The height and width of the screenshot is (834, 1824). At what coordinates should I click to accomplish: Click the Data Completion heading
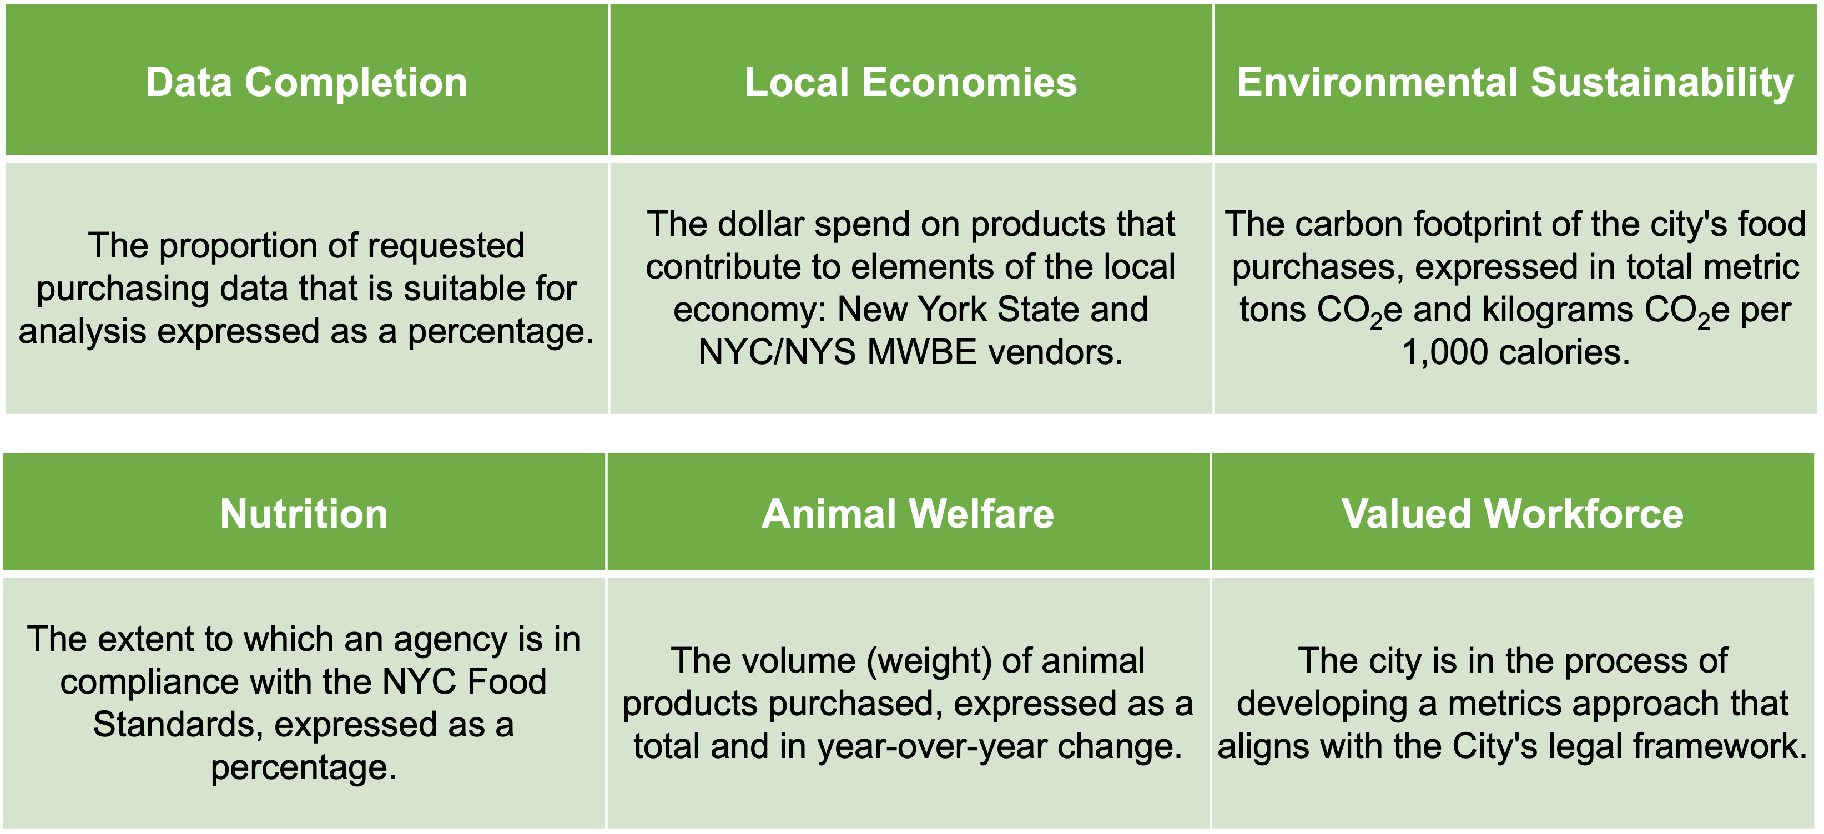(306, 82)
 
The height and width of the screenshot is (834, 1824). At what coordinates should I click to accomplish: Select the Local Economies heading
(910, 82)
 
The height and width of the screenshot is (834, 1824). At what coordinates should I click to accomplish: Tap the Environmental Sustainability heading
(1515, 82)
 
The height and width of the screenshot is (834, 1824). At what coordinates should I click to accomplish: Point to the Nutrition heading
(304, 513)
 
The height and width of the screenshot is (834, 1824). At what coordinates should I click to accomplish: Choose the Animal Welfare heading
(908, 513)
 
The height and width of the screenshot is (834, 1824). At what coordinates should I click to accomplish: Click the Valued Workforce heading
(1513, 513)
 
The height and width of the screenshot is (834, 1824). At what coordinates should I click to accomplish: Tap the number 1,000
(1444, 352)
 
